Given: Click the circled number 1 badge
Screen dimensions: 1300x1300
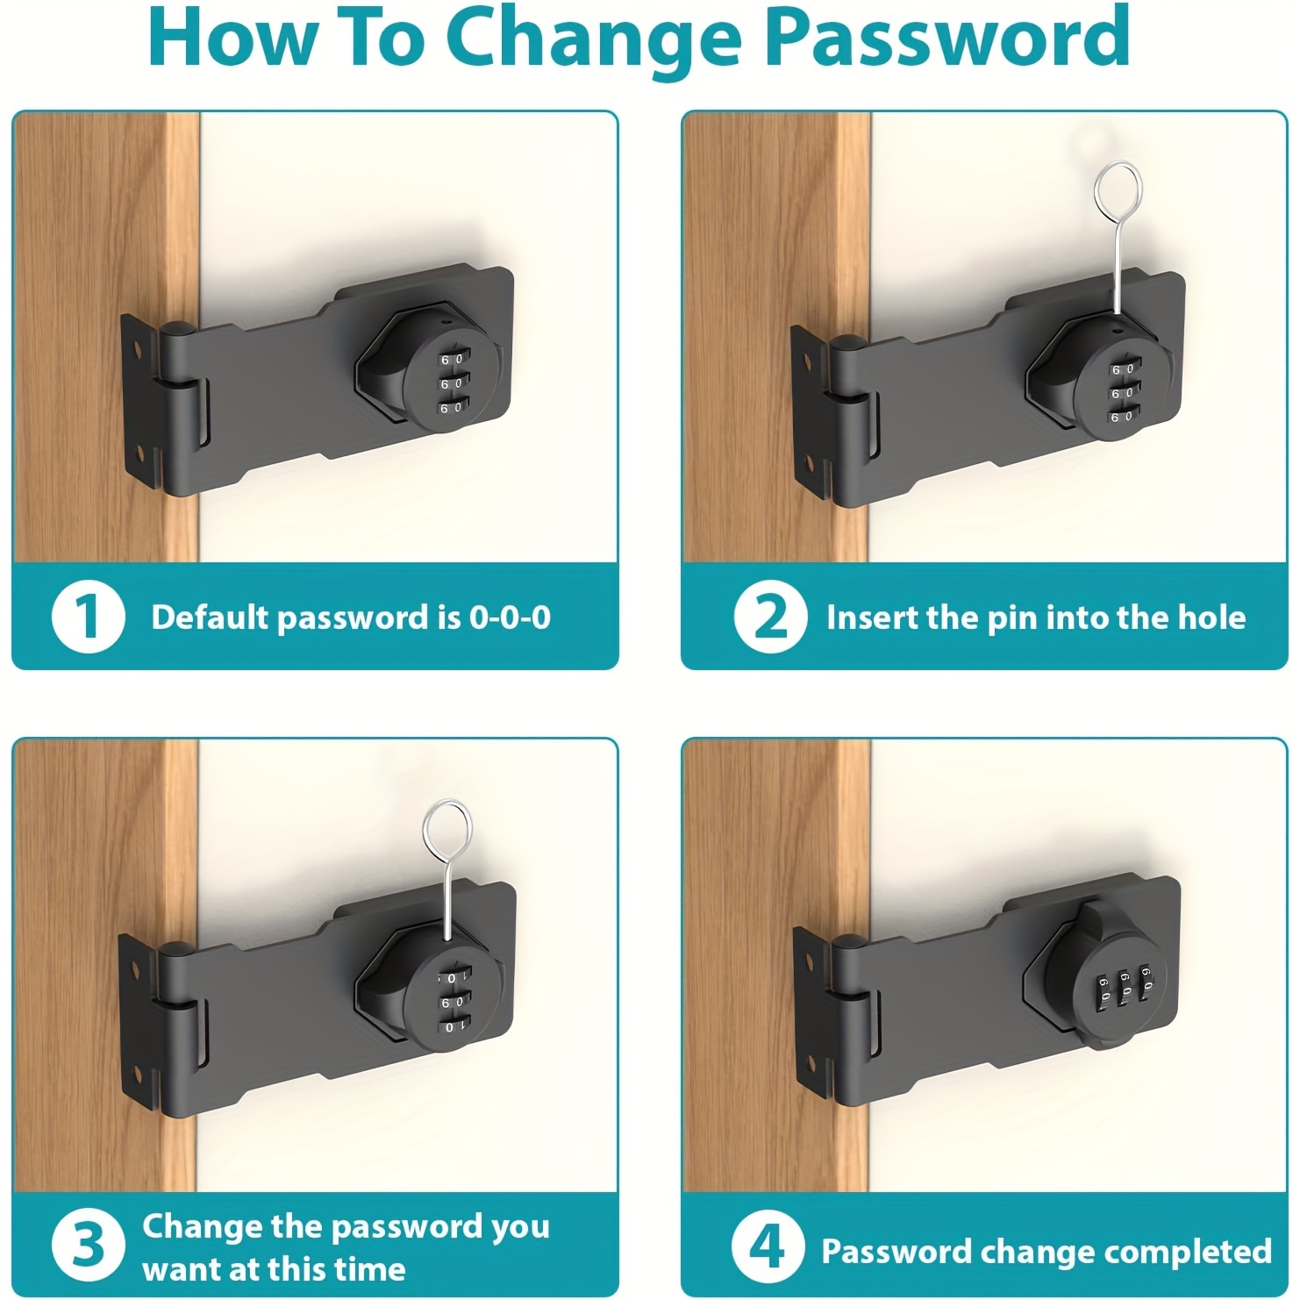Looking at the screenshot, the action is click(x=88, y=617).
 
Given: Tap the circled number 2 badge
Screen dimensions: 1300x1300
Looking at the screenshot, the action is click(x=770, y=617).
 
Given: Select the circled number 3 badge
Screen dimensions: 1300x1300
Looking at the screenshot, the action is click(x=88, y=1245).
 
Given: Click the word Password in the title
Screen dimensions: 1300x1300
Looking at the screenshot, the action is click(x=947, y=39).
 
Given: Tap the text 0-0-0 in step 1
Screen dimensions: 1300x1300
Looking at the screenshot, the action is click(x=510, y=618).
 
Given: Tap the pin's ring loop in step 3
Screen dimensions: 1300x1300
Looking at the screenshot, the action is click(x=446, y=828).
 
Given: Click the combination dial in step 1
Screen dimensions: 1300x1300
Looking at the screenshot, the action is click(x=449, y=383).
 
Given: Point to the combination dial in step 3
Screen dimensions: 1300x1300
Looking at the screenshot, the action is click(x=450, y=1001).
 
